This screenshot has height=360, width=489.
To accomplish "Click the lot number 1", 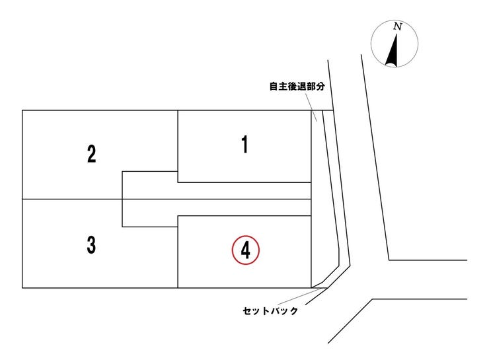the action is [x=245, y=144].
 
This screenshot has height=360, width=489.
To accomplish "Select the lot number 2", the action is [x=91, y=153].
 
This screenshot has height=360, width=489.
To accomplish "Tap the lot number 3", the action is [x=91, y=244].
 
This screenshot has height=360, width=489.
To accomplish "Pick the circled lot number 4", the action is [x=245, y=250].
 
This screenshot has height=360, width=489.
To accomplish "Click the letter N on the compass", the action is [x=397, y=26].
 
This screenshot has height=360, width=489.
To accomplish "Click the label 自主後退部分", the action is [x=297, y=87].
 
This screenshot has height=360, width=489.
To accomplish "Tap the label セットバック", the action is [x=270, y=310].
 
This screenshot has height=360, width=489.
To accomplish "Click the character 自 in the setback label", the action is [x=274, y=87].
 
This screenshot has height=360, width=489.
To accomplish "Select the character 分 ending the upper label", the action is [x=320, y=87].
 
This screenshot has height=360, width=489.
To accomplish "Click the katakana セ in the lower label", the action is [x=247, y=310].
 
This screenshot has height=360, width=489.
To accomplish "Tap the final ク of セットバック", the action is [x=293, y=310].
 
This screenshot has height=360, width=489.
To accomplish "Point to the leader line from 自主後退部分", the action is [x=311, y=106].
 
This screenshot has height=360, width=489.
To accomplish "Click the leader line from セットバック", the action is [x=300, y=295].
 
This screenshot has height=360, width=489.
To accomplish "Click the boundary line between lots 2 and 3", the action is [x=72, y=199].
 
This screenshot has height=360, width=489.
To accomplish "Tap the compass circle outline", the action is [x=395, y=20].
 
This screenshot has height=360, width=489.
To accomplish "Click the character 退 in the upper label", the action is [x=301, y=87].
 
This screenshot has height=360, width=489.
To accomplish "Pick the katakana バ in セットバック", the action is [x=275, y=310].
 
